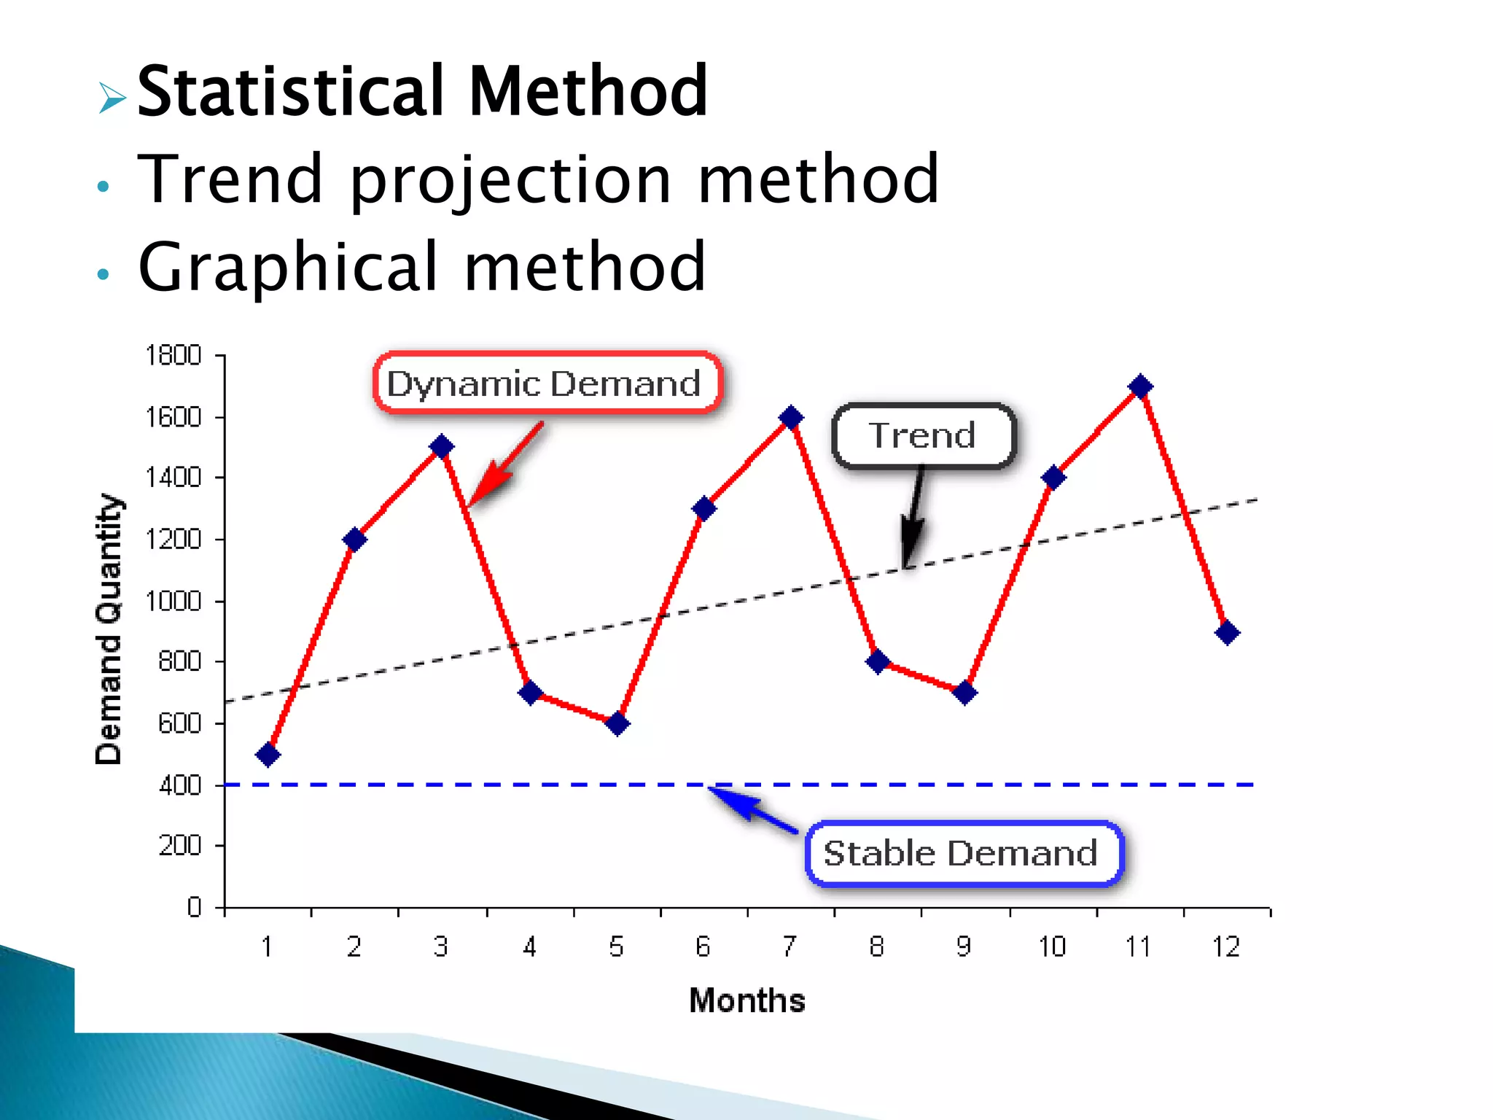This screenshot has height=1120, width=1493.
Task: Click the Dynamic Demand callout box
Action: click(547, 383)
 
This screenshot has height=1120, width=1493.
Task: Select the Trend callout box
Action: click(923, 435)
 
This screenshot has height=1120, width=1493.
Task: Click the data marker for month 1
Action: click(268, 754)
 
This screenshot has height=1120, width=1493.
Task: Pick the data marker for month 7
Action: click(791, 417)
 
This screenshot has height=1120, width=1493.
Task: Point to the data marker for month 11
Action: click(1140, 386)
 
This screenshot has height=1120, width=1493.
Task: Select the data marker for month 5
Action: click(617, 723)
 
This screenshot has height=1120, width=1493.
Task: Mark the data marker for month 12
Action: click(1227, 632)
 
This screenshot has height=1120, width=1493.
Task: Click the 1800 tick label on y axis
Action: click(174, 356)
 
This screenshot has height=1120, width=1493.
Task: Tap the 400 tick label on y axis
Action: click(180, 785)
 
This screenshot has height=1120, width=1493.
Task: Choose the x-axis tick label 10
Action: click(1052, 946)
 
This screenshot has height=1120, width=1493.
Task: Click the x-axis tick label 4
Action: click(529, 946)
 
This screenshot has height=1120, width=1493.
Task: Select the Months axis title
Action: click(747, 1000)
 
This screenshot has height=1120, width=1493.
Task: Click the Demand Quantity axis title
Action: click(109, 629)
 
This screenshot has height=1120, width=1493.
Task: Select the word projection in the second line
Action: click(510, 180)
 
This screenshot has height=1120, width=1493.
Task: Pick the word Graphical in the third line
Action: click(288, 268)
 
